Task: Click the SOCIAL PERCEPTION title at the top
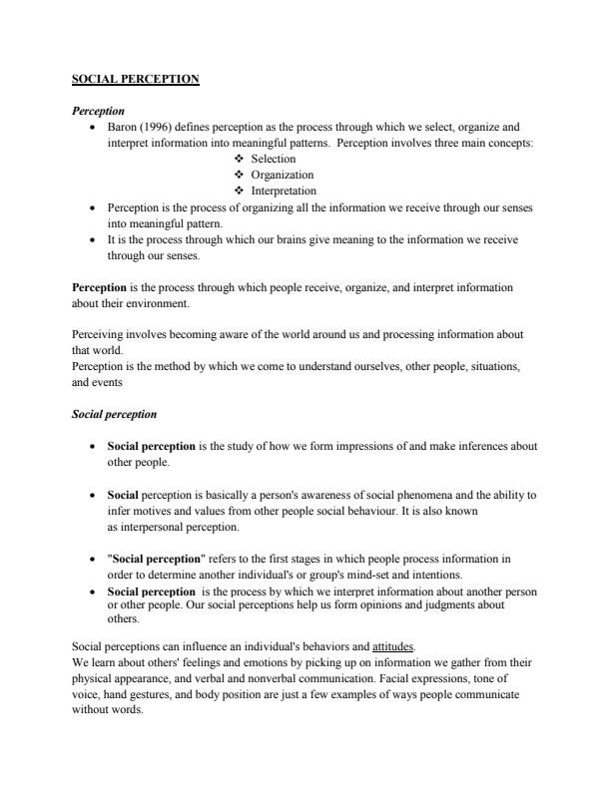(136, 79)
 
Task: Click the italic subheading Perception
(98, 111)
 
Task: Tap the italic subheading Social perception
(115, 414)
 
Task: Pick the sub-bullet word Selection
(274, 159)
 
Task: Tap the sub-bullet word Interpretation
(284, 191)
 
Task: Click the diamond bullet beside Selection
(239, 159)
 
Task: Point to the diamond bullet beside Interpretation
(239, 191)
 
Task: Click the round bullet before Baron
(92, 128)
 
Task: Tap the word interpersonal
(149, 527)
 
